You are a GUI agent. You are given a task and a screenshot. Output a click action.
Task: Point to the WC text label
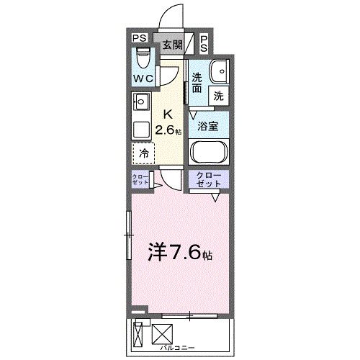142,78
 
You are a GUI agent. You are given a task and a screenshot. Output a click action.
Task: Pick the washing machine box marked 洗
217,94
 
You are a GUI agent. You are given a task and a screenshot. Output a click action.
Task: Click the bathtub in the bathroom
209,153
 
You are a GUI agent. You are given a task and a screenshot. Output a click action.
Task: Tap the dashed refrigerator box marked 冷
143,153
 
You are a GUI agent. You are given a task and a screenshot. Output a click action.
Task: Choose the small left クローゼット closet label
140,180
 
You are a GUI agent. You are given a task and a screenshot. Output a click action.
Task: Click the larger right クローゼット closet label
209,180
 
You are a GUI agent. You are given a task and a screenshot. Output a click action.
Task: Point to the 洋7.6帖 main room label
180,252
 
